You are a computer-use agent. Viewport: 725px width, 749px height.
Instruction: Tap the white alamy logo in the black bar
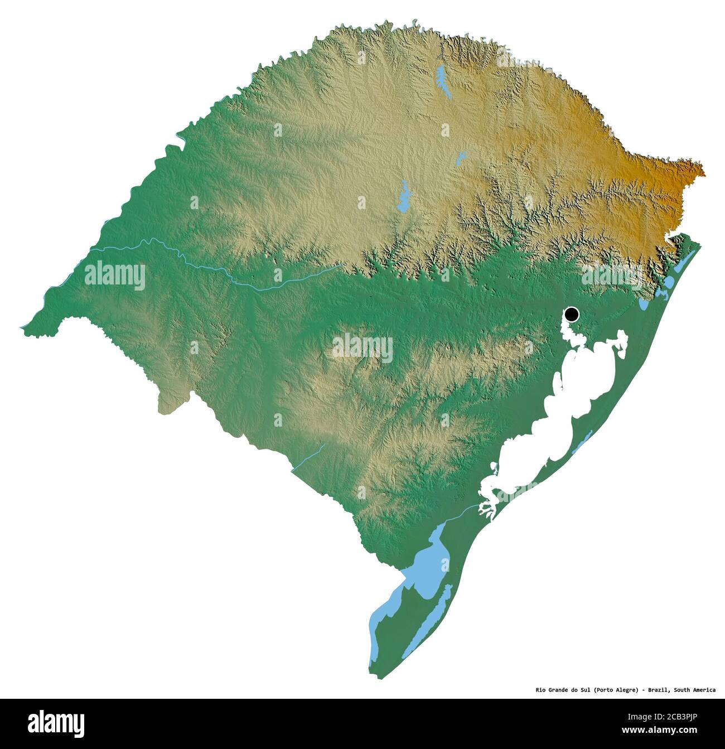coord(56,723)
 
